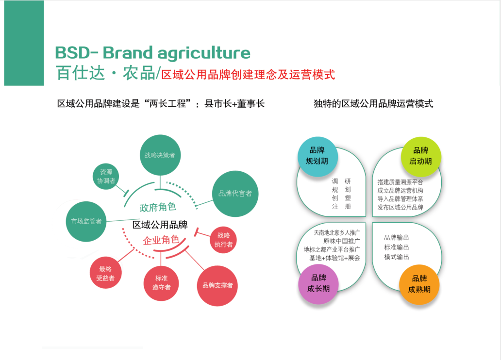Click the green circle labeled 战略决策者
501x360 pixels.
coord(160,155)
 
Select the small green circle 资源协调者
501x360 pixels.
coord(106,176)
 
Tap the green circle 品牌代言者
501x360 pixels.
coord(235,194)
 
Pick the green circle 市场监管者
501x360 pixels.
coord(86,221)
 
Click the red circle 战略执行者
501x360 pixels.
coord(224,240)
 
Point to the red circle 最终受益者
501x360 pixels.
coord(105,273)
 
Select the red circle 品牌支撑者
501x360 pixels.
coord(217,285)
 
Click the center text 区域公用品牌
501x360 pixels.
coord(160,225)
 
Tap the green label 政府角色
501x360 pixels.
coord(158,207)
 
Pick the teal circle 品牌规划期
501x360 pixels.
coord(317,156)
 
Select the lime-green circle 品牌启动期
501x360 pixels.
coord(421,156)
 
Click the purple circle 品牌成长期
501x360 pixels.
coord(318,283)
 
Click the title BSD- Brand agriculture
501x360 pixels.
coord(152,52)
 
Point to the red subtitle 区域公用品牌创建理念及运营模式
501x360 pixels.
coord(248,75)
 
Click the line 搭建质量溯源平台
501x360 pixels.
coord(400,182)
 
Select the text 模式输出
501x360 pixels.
coord(396,257)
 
